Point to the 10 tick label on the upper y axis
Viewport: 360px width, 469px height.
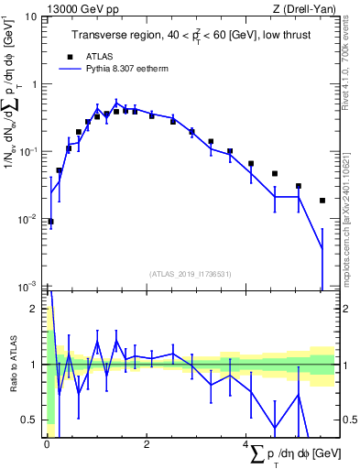[x=30, y=16]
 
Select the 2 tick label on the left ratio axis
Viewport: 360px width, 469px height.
[x=35, y=309]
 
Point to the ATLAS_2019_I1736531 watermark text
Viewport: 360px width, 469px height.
[x=191, y=274]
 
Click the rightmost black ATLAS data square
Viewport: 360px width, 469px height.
[x=322, y=201]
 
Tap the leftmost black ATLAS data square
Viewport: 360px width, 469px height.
[x=50, y=222]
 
